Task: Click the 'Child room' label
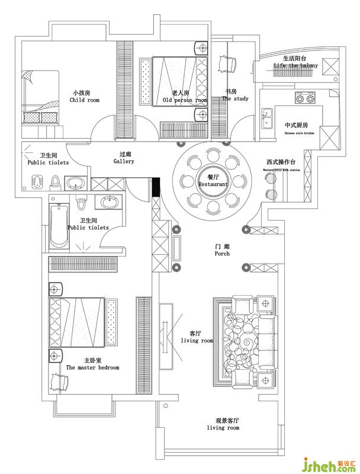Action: [x=84, y=101]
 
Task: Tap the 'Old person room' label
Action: [x=185, y=101]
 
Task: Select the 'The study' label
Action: [x=235, y=99]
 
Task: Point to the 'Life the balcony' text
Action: [x=295, y=65]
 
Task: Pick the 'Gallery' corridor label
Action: [x=124, y=161]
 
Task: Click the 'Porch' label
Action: [x=222, y=254]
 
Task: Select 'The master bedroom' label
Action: [x=92, y=367]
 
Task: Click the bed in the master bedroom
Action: [x=78, y=322]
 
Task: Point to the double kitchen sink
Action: [x=267, y=117]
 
